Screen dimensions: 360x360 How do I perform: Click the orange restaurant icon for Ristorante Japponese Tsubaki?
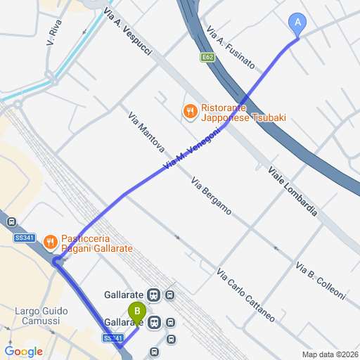click(189, 111)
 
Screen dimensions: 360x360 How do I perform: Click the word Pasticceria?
click(88, 238)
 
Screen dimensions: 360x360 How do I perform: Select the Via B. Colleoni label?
click(321, 282)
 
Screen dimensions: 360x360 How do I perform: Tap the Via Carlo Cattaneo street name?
click(245, 295)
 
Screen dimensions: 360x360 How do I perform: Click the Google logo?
click(23, 352)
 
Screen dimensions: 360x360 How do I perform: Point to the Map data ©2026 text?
click(330, 354)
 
